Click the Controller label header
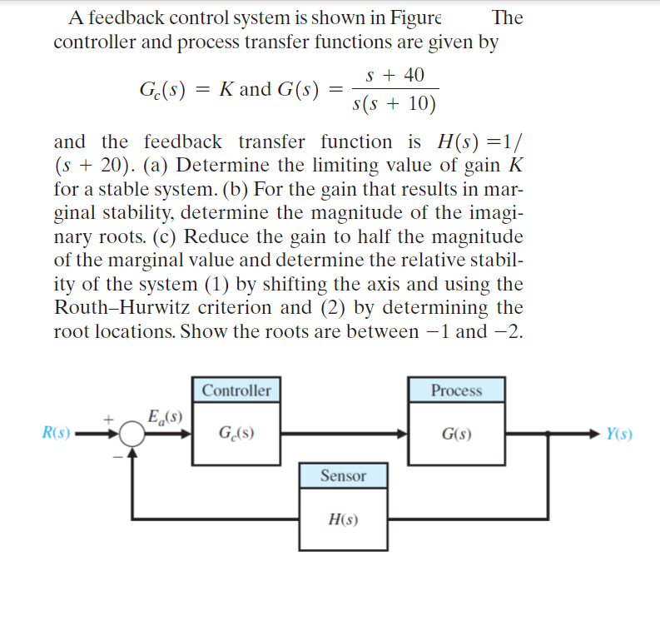click(236, 390)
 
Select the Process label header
click(456, 390)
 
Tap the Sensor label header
click(343, 475)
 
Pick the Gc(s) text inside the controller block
click(236, 434)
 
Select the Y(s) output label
click(619, 433)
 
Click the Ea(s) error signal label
click(165, 415)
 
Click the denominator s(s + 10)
click(395, 105)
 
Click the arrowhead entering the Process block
click(402, 434)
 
